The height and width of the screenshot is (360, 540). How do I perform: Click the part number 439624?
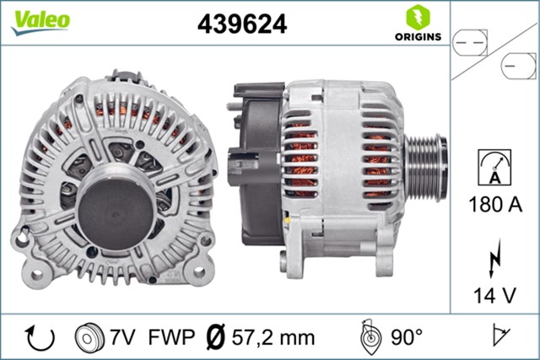coord(242,24)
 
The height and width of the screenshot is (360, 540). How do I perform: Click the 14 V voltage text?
coord(494,295)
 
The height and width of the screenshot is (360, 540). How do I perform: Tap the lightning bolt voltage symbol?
coord(494,257)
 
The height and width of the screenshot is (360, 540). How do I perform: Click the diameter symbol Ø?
coord(216,338)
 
